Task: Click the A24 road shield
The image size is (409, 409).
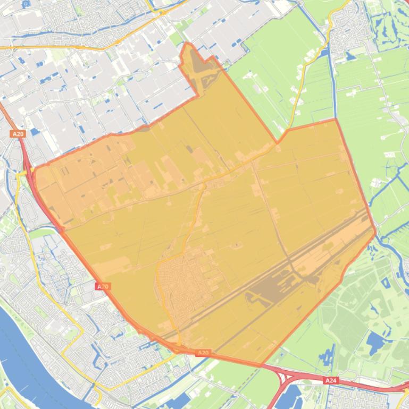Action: point(330,380)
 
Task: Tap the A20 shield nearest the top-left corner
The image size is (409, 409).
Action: point(18,134)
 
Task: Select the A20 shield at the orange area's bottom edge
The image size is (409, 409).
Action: point(203,353)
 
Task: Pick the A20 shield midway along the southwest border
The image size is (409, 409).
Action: point(103,286)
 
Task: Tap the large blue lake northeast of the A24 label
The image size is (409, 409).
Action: point(377,343)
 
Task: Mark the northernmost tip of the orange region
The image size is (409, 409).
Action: point(187,44)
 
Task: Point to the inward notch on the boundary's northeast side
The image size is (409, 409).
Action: point(277,142)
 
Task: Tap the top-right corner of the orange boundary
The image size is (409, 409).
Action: point(336,120)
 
